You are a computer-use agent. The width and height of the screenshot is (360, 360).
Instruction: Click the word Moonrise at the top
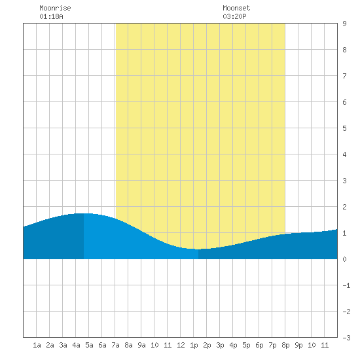[55, 8]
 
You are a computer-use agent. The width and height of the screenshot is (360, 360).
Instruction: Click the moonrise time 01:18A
[51, 16]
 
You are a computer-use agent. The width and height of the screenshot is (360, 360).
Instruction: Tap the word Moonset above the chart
[236, 8]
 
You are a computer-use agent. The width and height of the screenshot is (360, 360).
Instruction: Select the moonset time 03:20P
[234, 16]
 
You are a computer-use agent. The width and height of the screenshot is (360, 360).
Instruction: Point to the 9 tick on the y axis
[344, 24]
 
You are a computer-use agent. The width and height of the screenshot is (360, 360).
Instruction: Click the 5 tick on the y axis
[344, 128]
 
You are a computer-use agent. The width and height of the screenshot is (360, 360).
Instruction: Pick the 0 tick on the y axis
[344, 259]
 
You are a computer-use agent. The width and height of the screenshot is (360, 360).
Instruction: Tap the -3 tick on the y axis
[346, 338]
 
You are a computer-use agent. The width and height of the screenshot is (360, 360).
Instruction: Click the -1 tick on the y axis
[346, 285]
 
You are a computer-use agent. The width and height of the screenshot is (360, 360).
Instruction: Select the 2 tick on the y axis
[344, 207]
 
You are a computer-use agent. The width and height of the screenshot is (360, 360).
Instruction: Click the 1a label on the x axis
[37, 345]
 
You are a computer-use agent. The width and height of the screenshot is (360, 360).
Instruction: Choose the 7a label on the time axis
[115, 345]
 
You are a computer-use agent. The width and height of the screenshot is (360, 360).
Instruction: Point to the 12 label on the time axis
[181, 345]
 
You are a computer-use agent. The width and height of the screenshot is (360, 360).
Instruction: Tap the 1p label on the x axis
[194, 346]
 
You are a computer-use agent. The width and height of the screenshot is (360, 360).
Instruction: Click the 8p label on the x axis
[285, 346]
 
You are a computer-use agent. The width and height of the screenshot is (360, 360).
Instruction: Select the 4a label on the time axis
[76, 345]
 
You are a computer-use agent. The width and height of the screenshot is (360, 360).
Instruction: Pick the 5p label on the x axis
[246, 346]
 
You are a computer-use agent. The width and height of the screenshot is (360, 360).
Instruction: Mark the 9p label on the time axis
[298, 346]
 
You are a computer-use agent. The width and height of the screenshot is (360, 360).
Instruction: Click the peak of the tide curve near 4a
[83, 213]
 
